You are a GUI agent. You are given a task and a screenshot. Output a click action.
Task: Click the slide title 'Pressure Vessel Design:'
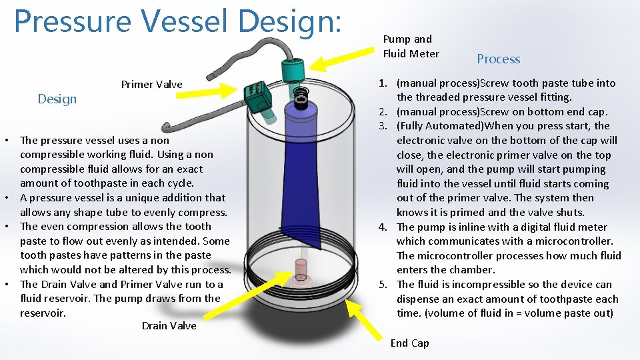[x=177, y=21]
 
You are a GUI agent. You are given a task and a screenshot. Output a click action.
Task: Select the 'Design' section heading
[x=57, y=99]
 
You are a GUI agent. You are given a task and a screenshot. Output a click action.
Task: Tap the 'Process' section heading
[x=498, y=59]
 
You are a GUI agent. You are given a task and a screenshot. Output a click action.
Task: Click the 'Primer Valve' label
[x=151, y=85]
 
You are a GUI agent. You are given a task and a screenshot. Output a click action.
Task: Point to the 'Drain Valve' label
[x=169, y=326]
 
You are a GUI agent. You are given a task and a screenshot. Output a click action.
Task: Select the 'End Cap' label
[x=409, y=343]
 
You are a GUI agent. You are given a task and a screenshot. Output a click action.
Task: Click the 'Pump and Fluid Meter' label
[x=411, y=47]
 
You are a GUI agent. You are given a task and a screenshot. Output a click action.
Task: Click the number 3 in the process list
[x=383, y=126]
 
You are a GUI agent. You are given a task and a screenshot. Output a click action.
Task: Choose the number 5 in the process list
[x=383, y=285]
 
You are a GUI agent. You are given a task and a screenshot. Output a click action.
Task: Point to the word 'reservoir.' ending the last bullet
[x=43, y=313]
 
